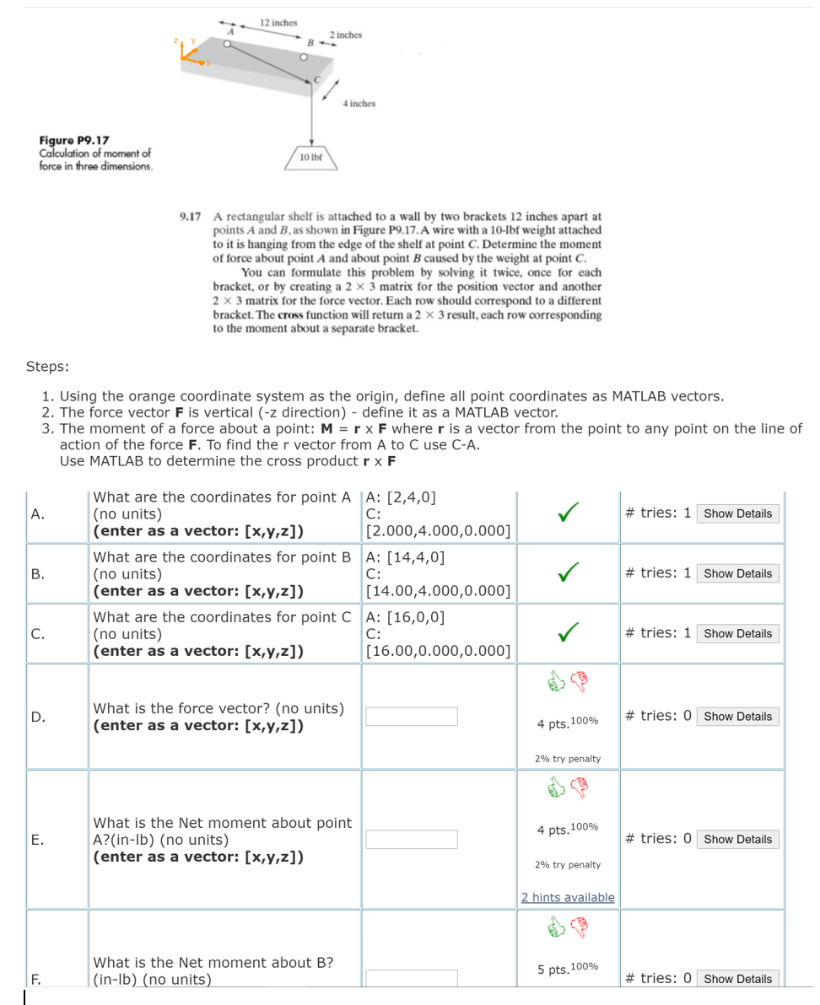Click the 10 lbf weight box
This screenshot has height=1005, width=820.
point(313,157)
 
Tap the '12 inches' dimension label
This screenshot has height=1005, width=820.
point(278,23)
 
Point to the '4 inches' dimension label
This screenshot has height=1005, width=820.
point(359,103)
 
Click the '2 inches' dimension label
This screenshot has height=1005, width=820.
point(346,35)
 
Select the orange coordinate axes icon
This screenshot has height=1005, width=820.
point(188,53)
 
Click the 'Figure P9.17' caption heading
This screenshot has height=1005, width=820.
point(74,140)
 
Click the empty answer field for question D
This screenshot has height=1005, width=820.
point(412,717)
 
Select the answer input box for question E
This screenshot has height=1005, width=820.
point(412,840)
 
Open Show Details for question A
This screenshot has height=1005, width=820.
point(737,513)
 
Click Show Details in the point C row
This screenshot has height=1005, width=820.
point(737,633)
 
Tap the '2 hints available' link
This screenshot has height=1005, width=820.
point(568,897)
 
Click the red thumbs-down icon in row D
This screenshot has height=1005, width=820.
point(580,681)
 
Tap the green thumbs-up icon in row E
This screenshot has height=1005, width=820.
point(556,787)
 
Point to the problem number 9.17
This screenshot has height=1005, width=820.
point(191,216)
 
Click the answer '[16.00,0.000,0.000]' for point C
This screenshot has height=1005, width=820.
point(438,650)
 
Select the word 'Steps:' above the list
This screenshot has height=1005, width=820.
point(47,366)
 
